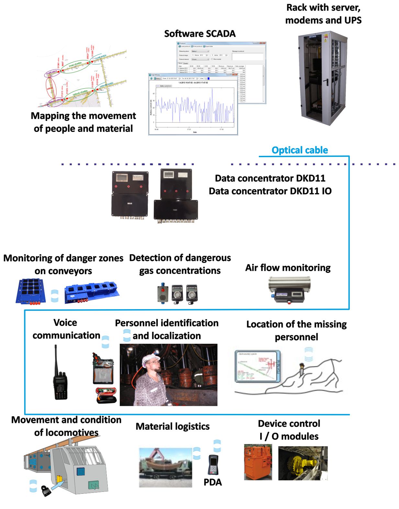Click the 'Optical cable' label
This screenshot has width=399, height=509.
[x=299, y=150]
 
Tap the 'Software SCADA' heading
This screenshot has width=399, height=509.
[x=200, y=34]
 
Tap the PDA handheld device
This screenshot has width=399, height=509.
[x=213, y=465]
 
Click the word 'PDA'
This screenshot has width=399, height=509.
[x=213, y=482]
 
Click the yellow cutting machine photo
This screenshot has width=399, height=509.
[x=303, y=463]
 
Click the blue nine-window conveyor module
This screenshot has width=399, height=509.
[x=31, y=290]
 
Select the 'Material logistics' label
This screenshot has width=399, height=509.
[x=172, y=426]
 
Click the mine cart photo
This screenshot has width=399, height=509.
[x=165, y=467]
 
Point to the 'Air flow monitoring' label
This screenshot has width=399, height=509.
[x=288, y=268]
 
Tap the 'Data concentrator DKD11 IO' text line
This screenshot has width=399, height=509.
[x=270, y=191]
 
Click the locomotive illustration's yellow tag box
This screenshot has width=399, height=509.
[x=60, y=479]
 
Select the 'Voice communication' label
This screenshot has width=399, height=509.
[x=66, y=329]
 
